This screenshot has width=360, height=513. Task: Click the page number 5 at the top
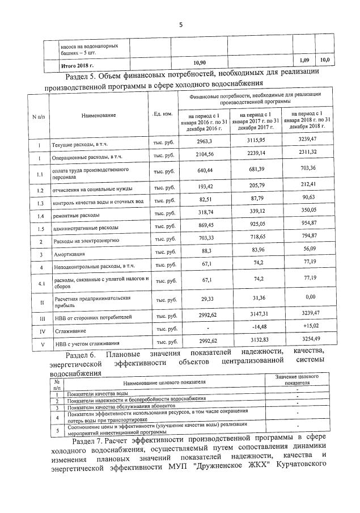[181, 24]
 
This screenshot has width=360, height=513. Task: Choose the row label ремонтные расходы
[76, 216]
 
